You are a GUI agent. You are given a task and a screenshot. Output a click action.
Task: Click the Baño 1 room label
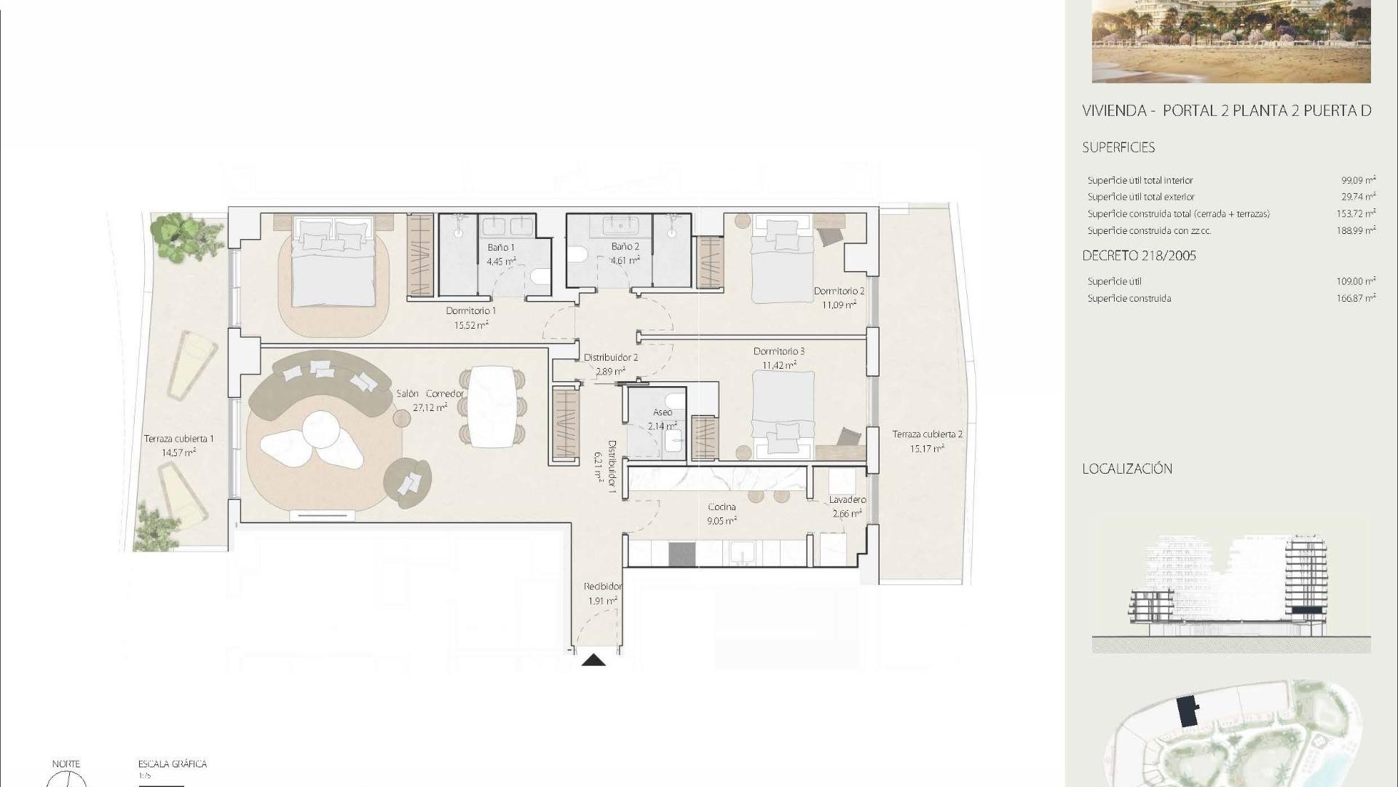click(x=500, y=248)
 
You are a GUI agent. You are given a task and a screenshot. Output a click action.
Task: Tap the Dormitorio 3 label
click(x=778, y=351)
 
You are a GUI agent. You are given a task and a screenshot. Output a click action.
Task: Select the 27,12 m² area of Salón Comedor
click(x=430, y=407)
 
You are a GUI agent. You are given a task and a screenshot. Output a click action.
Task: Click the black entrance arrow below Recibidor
click(x=594, y=660)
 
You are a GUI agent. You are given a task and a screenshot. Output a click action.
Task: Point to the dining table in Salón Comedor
click(x=493, y=407)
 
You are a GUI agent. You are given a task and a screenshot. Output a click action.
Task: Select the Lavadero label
click(x=847, y=500)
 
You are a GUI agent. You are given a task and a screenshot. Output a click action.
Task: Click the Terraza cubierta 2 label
click(x=927, y=434)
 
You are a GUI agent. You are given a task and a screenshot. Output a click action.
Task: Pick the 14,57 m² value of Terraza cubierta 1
click(x=178, y=453)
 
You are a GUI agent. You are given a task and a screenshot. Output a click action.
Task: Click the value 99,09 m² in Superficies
click(x=1358, y=180)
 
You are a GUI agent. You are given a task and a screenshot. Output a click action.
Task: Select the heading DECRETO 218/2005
click(x=1139, y=256)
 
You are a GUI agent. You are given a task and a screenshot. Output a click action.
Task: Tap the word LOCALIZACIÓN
click(x=1126, y=469)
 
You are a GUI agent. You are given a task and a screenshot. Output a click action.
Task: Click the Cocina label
click(x=722, y=507)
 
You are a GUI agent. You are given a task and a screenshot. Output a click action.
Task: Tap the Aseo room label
click(x=663, y=412)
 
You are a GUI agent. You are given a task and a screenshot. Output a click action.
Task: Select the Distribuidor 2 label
click(x=610, y=358)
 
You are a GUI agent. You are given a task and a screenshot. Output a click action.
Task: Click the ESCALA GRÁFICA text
click(x=173, y=764)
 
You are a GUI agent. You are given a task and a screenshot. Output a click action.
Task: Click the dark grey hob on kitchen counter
click(x=682, y=555)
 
